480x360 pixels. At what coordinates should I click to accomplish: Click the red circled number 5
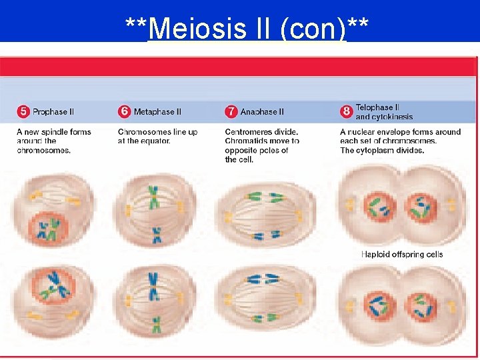[23, 111]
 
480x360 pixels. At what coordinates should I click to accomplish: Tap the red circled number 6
[124, 111]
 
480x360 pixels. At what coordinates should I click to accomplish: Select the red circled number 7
[231, 111]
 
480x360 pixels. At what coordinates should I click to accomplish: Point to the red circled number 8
[346, 111]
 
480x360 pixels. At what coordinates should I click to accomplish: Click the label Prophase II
[53, 111]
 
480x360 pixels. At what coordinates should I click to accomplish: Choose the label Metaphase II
[157, 111]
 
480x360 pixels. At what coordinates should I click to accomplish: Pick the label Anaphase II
[262, 111]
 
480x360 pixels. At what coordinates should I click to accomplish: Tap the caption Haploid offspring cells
[401, 254]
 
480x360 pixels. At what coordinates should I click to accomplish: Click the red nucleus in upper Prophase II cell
[48, 227]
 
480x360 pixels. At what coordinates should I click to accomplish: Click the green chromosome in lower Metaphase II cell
[156, 325]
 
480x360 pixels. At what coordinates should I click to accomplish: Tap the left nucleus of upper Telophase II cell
[381, 207]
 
